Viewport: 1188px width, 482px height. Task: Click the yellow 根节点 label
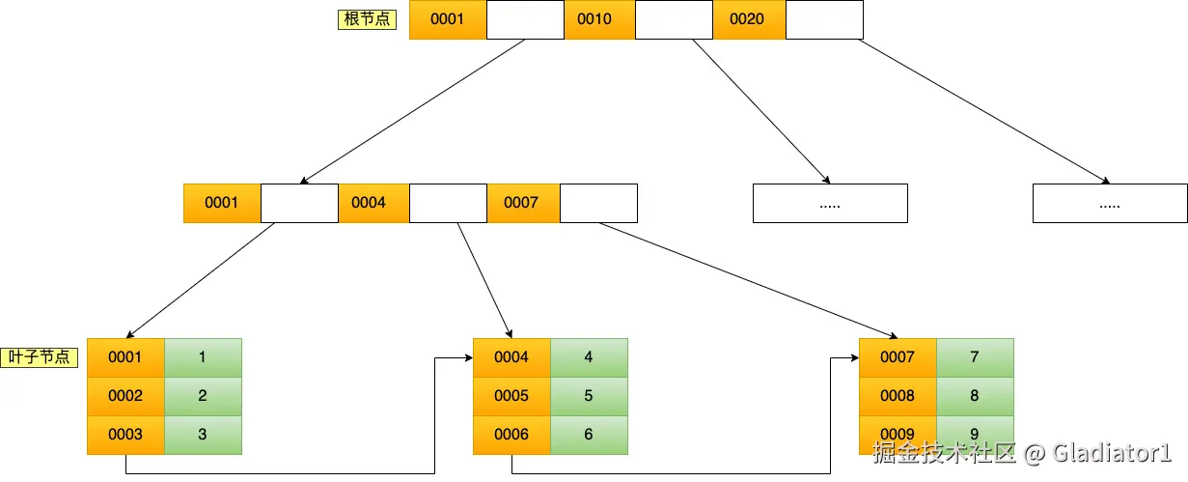(367, 19)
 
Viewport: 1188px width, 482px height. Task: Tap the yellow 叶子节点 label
(40, 357)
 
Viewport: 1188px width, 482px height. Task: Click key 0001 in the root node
(448, 19)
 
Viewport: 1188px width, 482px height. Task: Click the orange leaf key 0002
(125, 396)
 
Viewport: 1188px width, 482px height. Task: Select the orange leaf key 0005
(511, 396)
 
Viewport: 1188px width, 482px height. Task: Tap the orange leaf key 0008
(898, 396)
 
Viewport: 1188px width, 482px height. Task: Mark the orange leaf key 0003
(125, 435)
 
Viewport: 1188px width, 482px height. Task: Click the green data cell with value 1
(203, 357)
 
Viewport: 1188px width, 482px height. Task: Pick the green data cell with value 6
(589, 435)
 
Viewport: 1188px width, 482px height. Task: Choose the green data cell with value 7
(975, 357)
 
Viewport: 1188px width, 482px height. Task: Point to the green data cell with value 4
(589, 357)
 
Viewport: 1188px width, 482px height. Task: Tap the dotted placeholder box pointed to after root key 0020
(1110, 204)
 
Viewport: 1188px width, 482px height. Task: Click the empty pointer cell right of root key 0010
(674, 19)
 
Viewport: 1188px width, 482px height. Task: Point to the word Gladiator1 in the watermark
(1110, 452)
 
